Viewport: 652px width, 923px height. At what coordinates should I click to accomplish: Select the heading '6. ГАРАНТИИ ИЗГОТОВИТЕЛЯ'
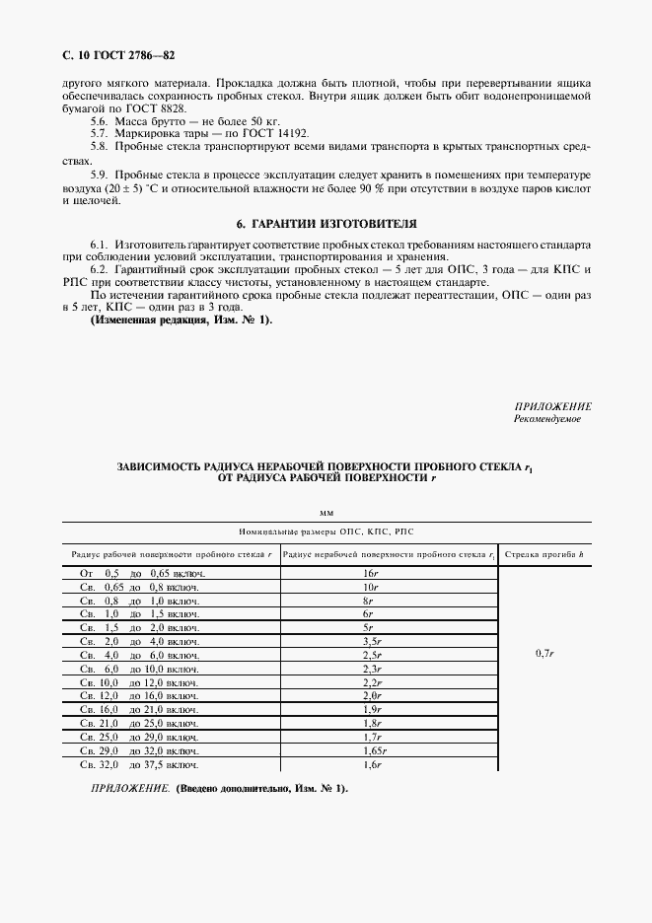point(326,224)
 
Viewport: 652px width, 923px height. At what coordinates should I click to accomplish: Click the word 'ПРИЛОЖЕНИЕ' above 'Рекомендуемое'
point(553,406)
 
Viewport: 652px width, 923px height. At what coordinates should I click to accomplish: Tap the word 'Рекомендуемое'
point(547,419)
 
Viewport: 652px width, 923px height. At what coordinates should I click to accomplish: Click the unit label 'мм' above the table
point(326,513)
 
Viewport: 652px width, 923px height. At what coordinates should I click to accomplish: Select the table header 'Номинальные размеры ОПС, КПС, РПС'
point(326,531)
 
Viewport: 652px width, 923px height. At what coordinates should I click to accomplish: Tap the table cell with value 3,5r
point(371,641)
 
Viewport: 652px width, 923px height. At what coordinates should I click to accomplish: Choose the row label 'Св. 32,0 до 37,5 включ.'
point(139,765)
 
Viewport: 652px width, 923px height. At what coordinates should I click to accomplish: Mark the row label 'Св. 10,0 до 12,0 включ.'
point(139,682)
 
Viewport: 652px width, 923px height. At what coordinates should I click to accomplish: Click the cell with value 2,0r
point(371,696)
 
